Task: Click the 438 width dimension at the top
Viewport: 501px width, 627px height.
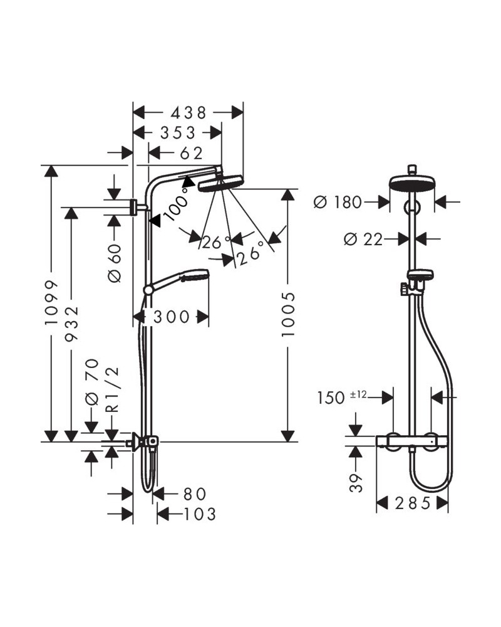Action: (188, 112)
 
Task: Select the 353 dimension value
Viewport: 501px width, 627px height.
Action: (177, 132)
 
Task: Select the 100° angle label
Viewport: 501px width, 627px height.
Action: (176, 208)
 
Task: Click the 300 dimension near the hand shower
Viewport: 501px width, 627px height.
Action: (171, 317)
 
